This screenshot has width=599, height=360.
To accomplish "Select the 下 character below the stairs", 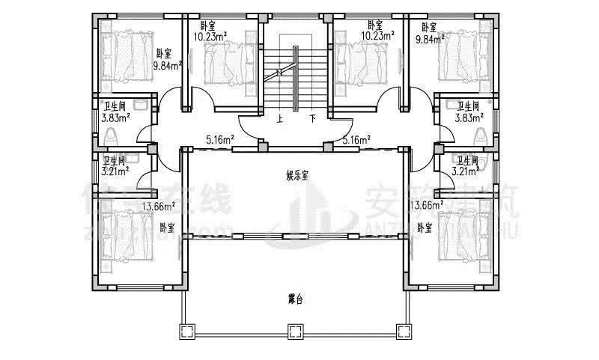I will [312, 118].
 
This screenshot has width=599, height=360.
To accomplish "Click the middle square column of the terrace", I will [295, 331].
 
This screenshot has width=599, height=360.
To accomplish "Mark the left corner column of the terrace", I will [185, 331].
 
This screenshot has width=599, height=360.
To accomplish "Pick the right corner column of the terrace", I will [404, 331].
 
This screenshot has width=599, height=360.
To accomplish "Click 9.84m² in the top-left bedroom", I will [167, 65].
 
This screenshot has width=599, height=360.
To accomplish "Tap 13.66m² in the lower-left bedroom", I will [158, 206].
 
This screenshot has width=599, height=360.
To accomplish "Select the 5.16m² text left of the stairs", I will [220, 138].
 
